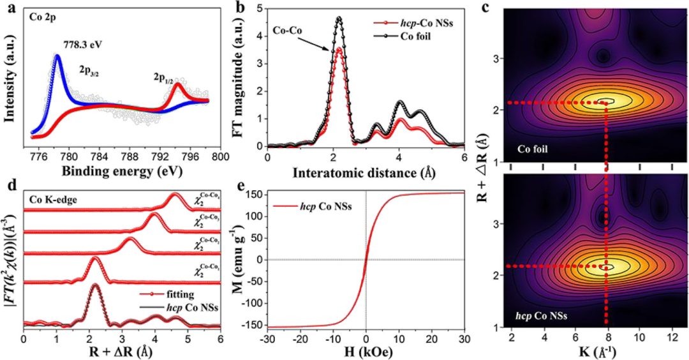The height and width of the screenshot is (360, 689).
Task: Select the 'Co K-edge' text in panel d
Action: pos(52,199)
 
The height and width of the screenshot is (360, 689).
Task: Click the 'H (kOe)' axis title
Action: pos(366,352)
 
